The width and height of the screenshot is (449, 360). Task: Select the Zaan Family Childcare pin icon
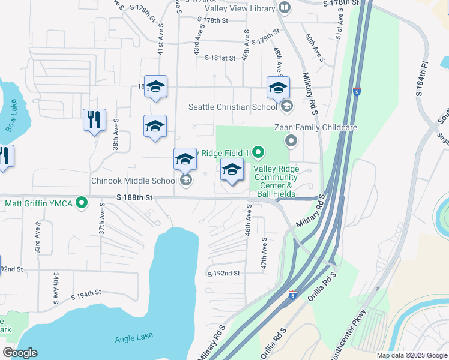pyautogui.click(x=291, y=142)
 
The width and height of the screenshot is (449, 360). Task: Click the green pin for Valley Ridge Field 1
pyautogui.click(x=258, y=152)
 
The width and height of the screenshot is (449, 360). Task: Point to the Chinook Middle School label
pyautogui.click(x=134, y=180)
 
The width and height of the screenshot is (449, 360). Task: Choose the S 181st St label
pyautogui.click(x=220, y=58)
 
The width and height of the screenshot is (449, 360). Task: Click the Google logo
pyautogui.click(x=20, y=353)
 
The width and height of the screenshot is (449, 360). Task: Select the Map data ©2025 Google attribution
pyautogui.click(x=412, y=355)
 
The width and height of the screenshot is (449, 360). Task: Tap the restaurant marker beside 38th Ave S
pyautogui.click(x=94, y=120)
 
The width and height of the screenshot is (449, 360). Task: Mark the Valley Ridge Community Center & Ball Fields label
pyautogui.click(x=274, y=181)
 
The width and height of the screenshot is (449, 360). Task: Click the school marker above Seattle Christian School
pyautogui.click(x=278, y=88)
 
